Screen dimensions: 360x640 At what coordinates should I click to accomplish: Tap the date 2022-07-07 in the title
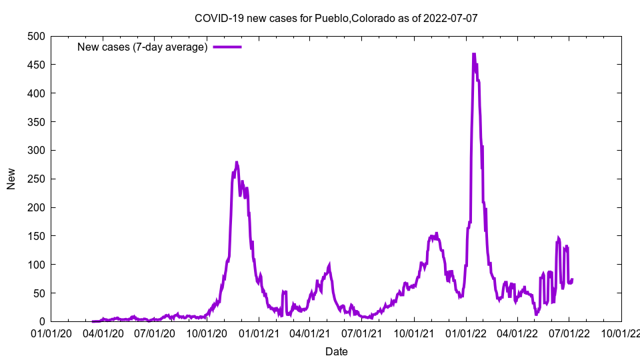point(451,18)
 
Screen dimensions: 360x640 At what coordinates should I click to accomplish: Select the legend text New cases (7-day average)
point(143,47)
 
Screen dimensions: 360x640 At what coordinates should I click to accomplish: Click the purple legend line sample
point(227,47)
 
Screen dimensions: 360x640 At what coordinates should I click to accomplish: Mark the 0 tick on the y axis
point(41,322)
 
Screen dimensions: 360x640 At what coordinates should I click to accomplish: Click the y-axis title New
point(11,179)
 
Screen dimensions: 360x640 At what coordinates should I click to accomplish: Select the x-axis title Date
point(336,351)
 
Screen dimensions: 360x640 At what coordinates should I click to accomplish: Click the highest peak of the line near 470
point(473,54)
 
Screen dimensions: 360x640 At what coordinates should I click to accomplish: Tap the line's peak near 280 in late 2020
point(237,162)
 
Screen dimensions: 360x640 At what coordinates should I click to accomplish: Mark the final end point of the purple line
point(572,279)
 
